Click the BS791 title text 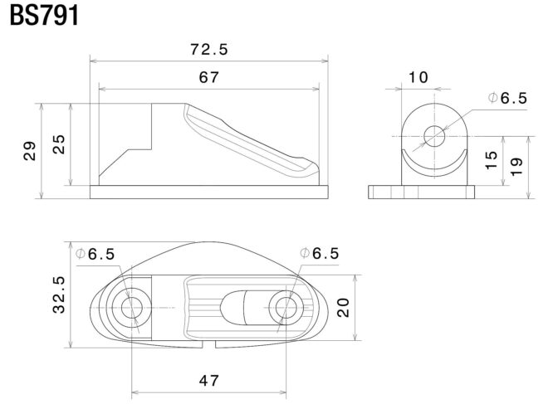(44, 15)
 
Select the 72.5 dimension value (209, 49)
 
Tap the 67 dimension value (209, 77)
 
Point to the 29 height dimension (30, 151)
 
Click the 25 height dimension (59, 144)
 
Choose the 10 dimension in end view (418, 77)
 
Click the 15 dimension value (491, 160)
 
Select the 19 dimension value (516, 167)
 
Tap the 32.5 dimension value (59, 294)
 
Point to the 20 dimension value (344, 308)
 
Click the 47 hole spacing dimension (209, 381)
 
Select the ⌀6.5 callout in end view (508, 98)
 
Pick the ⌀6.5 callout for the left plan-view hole (95, 254)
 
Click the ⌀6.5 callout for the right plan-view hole (320, 253)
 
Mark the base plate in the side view (209, 192)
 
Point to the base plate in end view (421, 192)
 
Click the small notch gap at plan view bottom (209, 344)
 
